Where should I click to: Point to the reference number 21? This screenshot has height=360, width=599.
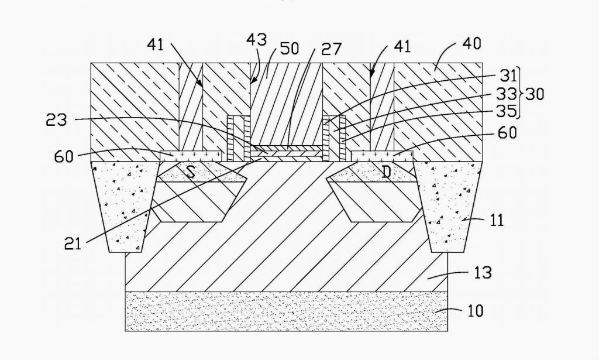point(73,243)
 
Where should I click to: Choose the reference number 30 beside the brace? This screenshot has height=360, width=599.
point(535,94)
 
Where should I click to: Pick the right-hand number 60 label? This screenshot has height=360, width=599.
point(508,133)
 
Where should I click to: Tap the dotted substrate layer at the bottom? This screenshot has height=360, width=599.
point(287,311)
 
